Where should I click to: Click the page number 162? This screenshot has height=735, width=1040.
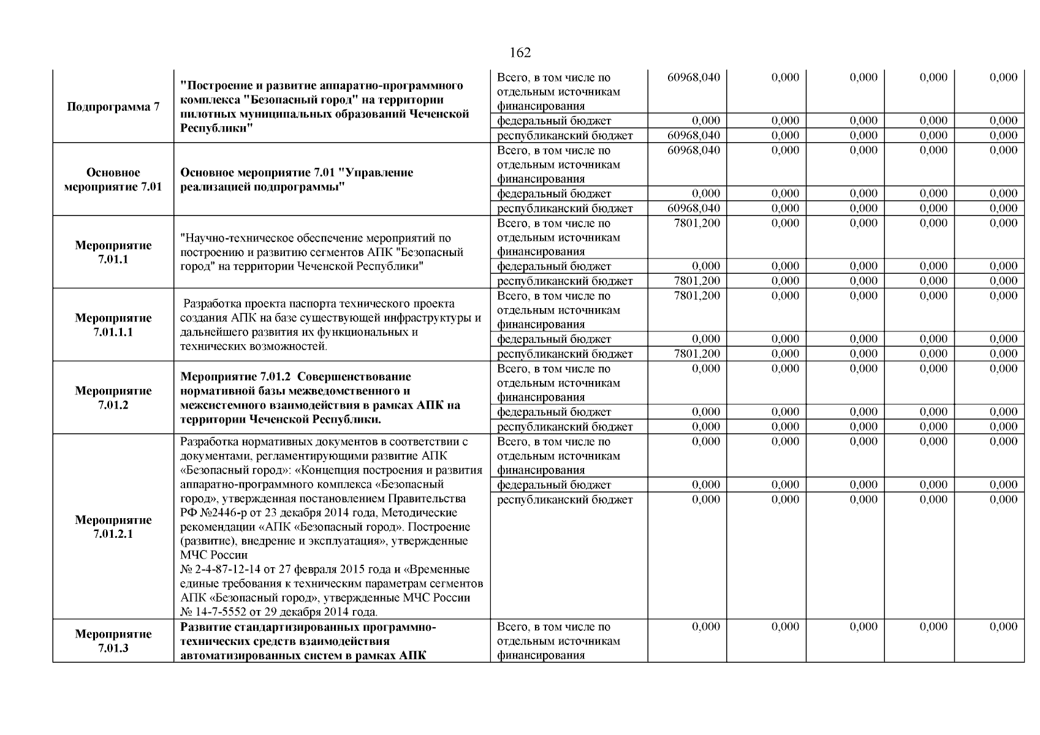pos(520,53)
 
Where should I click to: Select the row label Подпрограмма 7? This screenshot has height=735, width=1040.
pos(113,107)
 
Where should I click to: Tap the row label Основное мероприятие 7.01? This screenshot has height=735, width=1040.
pos(113,179)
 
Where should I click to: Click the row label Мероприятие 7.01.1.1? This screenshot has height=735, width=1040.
pos(113,325)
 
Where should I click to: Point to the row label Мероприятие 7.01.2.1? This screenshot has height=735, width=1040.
pos(113,527)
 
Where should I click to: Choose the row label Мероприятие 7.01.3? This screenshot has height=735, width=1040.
pos(113,641)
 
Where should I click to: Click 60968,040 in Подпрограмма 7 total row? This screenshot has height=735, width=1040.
pos(693,77)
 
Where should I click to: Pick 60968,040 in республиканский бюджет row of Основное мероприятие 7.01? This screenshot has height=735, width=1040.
pos(693,208)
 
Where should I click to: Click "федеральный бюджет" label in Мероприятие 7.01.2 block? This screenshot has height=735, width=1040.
pos(554,412)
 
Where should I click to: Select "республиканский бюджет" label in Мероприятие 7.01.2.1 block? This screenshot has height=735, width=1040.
pos(564,500)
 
